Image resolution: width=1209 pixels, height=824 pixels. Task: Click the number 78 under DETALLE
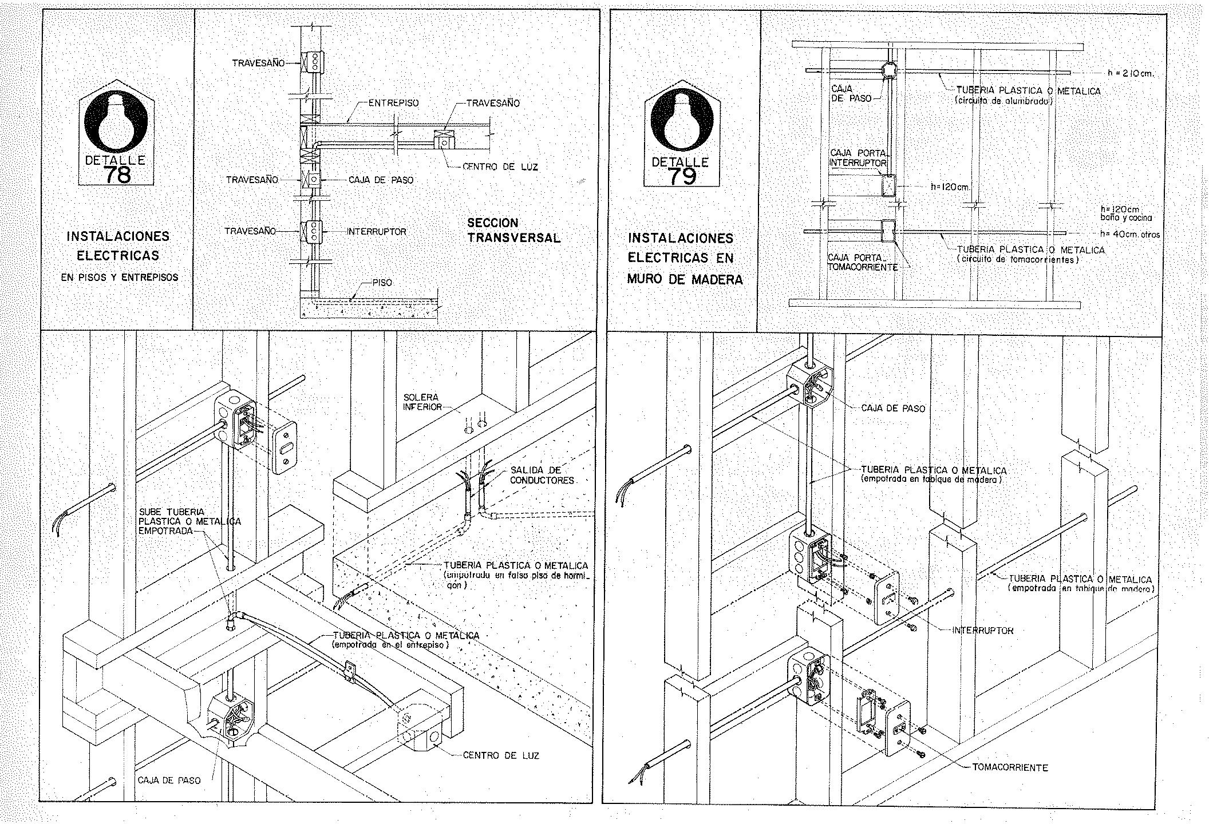click(x=118, y=174)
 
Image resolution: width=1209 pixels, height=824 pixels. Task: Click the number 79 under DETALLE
click(x=681, y=176)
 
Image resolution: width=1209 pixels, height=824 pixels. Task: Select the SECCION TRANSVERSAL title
click(x=513, y=231)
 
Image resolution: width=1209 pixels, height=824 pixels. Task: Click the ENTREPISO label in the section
click(x=393, y=103)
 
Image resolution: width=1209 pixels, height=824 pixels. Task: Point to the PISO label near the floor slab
click(x=382, y=283)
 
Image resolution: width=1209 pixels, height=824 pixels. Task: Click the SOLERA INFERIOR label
click(x=422, y=402)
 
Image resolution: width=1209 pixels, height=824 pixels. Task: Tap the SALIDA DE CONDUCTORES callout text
click(x=542, y=475)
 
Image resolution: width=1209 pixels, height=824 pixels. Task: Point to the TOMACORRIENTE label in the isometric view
click(x=1010, y=767)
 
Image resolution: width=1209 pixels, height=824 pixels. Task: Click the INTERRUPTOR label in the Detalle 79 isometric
click(x=982, y=630)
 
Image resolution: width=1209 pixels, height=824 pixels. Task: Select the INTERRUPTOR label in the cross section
click(x=377, y=232)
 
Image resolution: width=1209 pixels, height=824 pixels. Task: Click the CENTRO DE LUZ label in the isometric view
click(x=501, y=755)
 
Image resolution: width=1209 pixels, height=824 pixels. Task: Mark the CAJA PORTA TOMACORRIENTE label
click(x=862, y=262)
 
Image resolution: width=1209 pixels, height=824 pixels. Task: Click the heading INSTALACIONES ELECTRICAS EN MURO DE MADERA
click(x=685, y=258)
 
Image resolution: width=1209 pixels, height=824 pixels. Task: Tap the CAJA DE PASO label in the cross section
click(x=381, y=180)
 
